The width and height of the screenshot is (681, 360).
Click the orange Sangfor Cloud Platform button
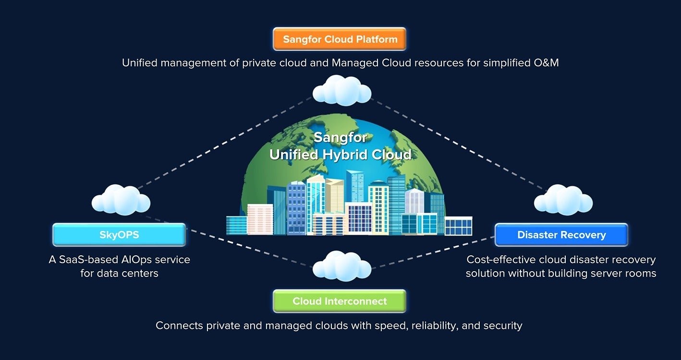pos(340,39)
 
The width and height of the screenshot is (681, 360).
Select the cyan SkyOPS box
pos(119,235)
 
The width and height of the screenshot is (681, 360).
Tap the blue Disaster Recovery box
pos(561,235)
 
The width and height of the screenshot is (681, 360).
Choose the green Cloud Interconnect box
pos(340,301)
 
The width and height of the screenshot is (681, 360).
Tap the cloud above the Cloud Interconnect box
pos(341,265)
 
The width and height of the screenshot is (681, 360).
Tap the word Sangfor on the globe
pos(340,138)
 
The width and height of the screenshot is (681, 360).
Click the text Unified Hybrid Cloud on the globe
pos(340,155)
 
